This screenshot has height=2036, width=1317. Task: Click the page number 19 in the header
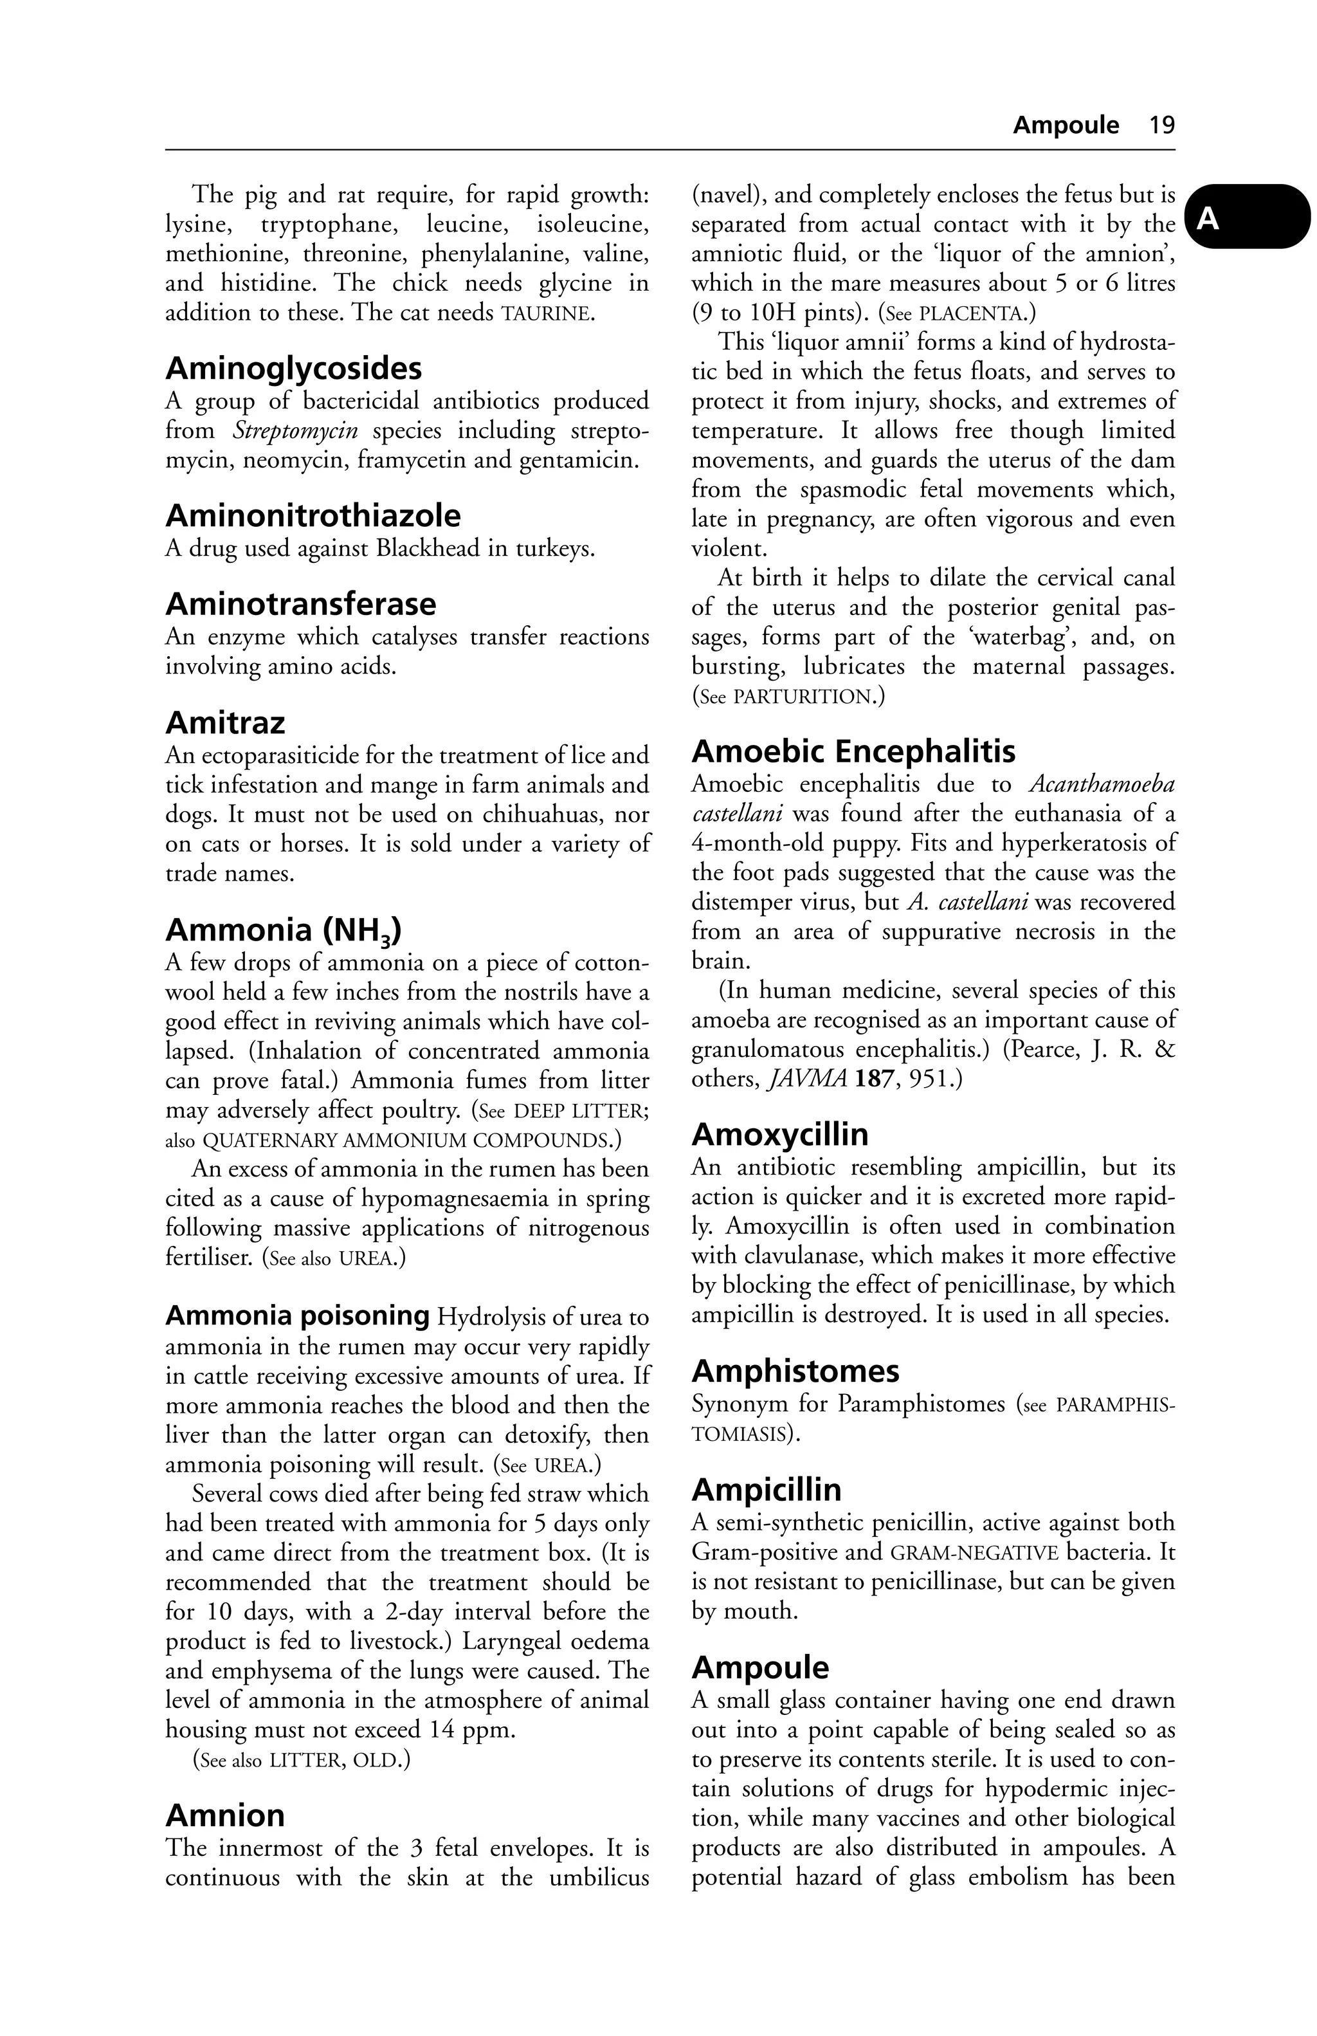[x=1161, y=125]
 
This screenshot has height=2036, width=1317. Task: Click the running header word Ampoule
[x=1066, y=125]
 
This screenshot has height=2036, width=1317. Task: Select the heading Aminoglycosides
[x=293, y=369]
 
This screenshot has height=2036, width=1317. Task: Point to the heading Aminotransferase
[x=300, y=604]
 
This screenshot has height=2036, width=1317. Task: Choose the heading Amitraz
[x=225, y=723]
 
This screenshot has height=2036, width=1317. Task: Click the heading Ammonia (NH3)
[x=283, y=930]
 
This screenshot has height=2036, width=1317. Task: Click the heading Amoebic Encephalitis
[x=853, y=752]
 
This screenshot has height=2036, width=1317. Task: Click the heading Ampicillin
[x=767, y=1490]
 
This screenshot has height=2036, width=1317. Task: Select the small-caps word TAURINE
[x=547, y=313]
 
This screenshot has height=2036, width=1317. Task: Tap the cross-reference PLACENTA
[x=972, y=313]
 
